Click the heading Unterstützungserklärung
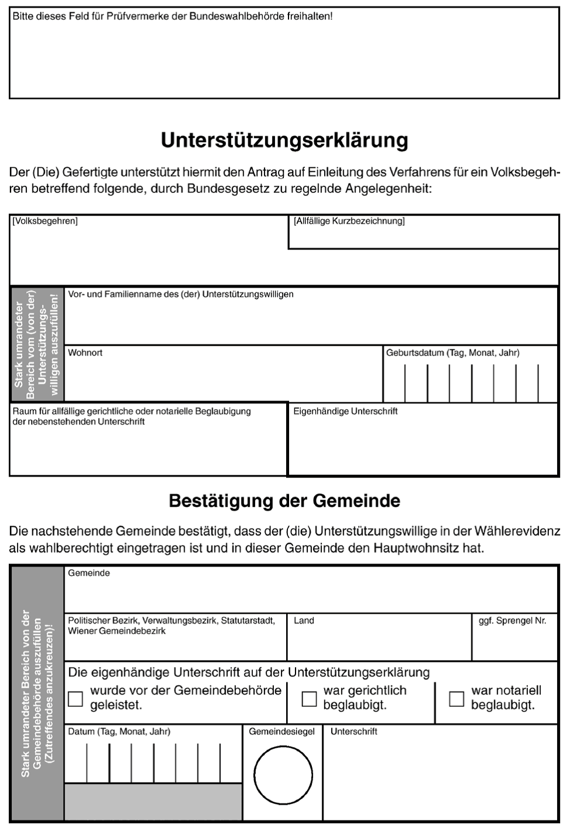284,141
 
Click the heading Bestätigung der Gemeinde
284,501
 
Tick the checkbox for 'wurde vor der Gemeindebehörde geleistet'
75,699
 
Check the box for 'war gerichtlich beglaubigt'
309,699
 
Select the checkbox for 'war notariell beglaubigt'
457,699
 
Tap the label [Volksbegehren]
45,221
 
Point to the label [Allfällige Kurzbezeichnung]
349,221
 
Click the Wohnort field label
85,353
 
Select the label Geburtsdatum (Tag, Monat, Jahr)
453,353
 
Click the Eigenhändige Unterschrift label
345,411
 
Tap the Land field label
304,620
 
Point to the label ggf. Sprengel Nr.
512,620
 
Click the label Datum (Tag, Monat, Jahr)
119,732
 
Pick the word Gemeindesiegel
281,732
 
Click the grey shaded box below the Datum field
153,802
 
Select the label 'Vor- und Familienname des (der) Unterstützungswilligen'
180,294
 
